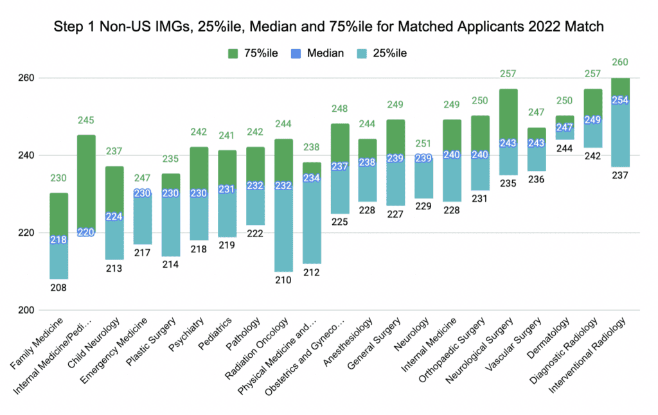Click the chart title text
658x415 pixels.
click(x=328, y=28)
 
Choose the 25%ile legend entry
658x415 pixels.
click(x=393, y=53)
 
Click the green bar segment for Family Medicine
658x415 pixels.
click(x=58, y=215)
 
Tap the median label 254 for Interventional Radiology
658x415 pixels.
click(x=620, y=100)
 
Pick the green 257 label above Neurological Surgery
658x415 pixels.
click(x=508, y=75)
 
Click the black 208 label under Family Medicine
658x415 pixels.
click(x=58, y=288)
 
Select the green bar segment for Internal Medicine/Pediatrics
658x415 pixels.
click(x=86, y=183)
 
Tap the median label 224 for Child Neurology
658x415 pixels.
click(x=114, y=216)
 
